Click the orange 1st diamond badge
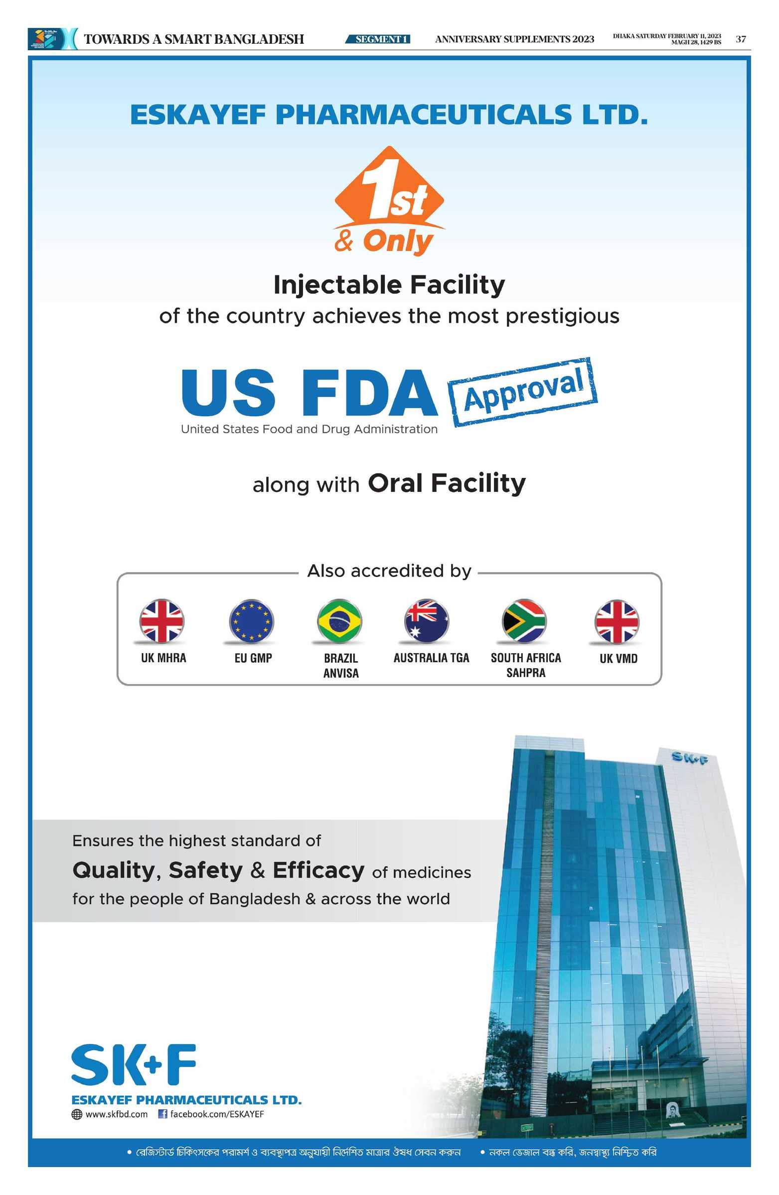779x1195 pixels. pyautogui.click(x=389, y=186)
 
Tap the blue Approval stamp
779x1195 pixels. pyautogui.click(x=522, y=392)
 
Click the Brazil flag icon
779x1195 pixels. pyautogui.click(x=339, y=621)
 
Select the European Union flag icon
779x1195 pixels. pyautogui.click(x=251, y=621)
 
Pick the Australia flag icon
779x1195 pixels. pyautogui.click(x=427, y=621)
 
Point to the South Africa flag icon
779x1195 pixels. pyautogui.click(x=524, y=621)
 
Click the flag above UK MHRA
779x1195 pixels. pyautogui.click(x=162, y=621)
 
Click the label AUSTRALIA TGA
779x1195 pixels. pyautogui.click(x=431, y=658)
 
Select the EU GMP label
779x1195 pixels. pyautogui.click(x=253, y=658)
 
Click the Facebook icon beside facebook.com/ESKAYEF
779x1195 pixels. pyautogui.click(x=162, y=1114)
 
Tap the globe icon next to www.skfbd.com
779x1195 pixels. pyautogui.click(x=77, y=1114)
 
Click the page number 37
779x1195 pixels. pyautogui.click(x=741, y=39)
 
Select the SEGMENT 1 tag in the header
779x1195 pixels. pyautogui.click(x=378, y=39)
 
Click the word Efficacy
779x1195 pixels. pyautogui.click(x=318, y=871)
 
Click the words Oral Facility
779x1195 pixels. pyautogui.click(x=447, y=483)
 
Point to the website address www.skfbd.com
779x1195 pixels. pyautogui.click(x=117, y=1114)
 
